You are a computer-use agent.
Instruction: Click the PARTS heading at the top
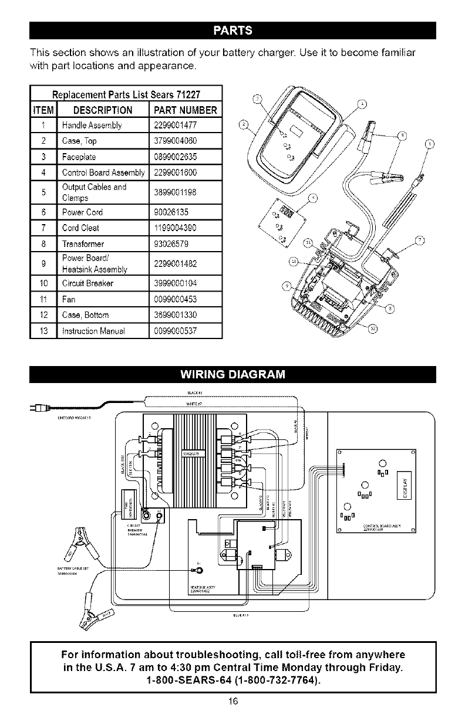(232, 30)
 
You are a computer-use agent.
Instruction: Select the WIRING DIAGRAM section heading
(232, 374)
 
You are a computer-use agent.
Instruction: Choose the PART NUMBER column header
(185, 111)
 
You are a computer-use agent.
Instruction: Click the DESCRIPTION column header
(97, 111)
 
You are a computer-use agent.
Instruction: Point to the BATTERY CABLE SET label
(68, 568)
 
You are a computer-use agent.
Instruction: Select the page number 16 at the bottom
(232, 702)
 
